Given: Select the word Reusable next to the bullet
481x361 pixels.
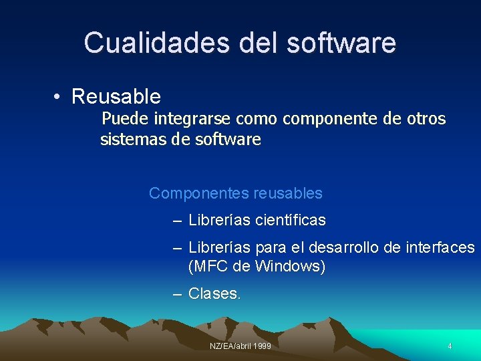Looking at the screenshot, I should [116, 97].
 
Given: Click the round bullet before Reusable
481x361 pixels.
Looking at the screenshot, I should [58, 98].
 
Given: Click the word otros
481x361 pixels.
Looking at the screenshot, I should [426, 119].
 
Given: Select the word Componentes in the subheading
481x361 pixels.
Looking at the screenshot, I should [199, 194].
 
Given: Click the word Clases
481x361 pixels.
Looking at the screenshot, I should [214, 293].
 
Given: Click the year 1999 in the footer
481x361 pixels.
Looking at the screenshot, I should [262, 346].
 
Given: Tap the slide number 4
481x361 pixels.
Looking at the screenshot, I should [450, 346].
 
